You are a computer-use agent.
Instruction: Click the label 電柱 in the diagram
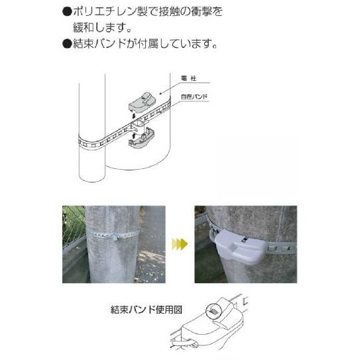point(188,78)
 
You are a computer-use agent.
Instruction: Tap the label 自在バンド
point(194,97)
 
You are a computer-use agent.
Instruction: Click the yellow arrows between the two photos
point(180,244)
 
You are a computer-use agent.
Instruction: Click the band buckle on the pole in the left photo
point(117,237)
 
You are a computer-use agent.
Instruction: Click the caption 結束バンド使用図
point(147,310)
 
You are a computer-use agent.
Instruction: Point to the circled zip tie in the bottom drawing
point(212,312)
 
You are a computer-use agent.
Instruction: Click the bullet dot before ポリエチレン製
point(67,12)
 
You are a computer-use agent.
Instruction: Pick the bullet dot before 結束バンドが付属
point(67,44)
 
